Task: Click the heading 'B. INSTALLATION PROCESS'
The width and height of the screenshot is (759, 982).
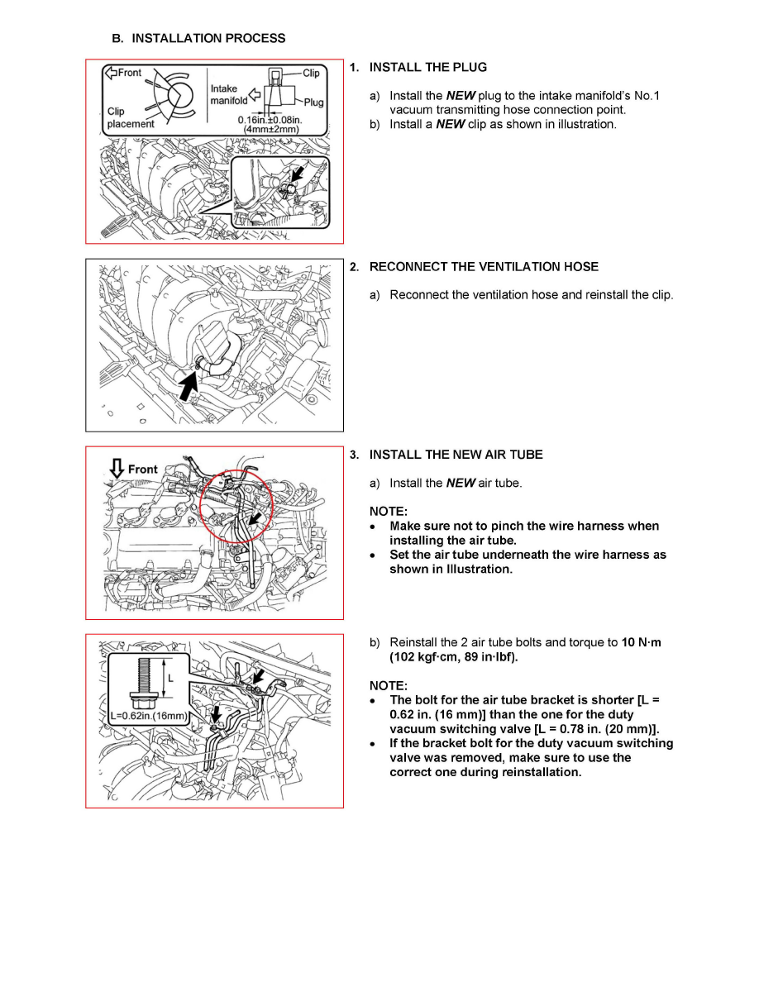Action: click(198, 38)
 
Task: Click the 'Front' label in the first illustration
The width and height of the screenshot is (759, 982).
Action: click(129, 73)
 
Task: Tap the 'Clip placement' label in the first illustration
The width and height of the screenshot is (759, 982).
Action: click(130, 117)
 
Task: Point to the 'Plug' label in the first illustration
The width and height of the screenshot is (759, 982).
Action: click(314, 102)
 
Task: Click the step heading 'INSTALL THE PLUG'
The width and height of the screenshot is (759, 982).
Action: click(427, 67)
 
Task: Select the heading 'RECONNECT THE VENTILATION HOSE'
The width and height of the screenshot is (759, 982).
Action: click(484, 267)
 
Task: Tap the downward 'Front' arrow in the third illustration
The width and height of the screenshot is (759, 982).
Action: click(117, 470)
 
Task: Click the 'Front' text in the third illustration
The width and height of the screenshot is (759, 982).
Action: click(143, 470)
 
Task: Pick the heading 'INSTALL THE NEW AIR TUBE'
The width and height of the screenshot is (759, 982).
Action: click(456, 455)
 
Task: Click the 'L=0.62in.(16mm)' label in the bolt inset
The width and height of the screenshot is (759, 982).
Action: click(150, 715)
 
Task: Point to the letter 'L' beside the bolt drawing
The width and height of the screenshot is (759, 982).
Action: click(171, 676)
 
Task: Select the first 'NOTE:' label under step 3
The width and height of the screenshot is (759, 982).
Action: click(388, 512)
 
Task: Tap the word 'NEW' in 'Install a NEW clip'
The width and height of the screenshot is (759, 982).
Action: click(451, 125)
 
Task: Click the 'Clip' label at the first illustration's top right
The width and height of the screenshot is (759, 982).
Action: click(311, 73)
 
